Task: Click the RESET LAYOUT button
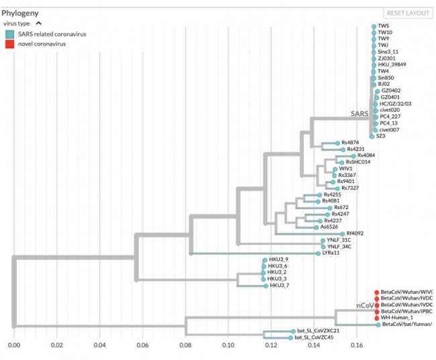(407, 13)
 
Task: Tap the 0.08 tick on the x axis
(185, 345)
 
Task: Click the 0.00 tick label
(14, 345)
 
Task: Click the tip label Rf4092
(355, 233)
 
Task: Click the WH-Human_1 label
(396, 318)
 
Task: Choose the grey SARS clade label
(360, 115)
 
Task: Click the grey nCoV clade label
(365, 306)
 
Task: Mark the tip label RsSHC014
(358, 162)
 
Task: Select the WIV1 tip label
(345, 169)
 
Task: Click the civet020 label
(390, 110)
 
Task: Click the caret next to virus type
(38, 23)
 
